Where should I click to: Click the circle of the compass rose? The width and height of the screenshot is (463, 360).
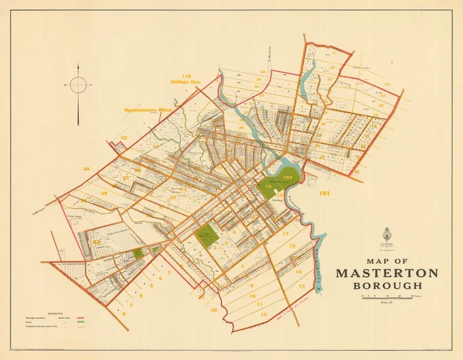click(78, 85)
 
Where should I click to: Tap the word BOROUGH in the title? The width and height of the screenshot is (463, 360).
click(388, 286)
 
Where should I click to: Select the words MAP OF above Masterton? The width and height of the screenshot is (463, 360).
click(387, 260)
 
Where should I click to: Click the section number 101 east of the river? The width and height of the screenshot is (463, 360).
click(323, 194)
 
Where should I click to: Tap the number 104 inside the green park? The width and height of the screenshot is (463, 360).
click(287, 178)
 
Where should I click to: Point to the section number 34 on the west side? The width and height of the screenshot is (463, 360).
click(86, 169)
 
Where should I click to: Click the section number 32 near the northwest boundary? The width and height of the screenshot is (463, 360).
click(124, 138)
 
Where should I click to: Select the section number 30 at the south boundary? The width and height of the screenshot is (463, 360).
click(214, 310)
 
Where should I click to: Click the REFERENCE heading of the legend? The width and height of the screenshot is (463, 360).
click(54, 312)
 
